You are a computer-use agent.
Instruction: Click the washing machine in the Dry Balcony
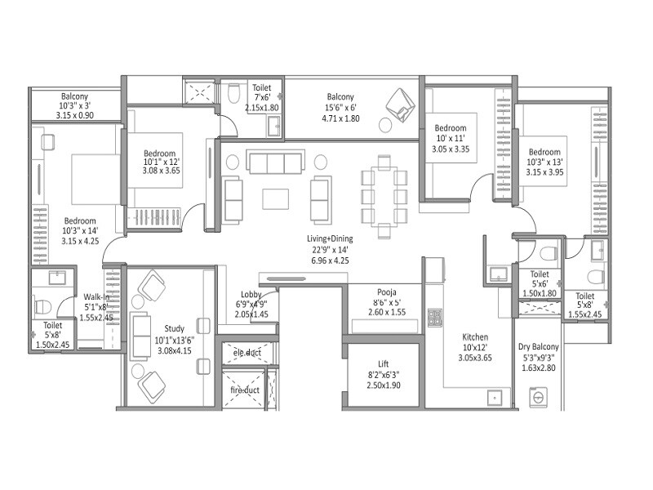coord(540,398)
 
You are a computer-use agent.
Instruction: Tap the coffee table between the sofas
coord(276,198)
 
